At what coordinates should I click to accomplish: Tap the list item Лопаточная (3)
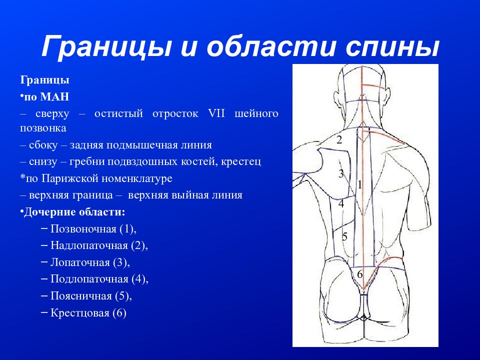click(90, 262)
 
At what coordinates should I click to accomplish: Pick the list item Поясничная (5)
click(91, 295)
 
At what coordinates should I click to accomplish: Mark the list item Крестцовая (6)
click(88, 313)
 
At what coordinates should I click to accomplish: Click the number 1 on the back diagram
click(359, 184)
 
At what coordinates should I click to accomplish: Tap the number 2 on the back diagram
click(339, 140)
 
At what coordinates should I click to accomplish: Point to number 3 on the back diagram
click(341, 174)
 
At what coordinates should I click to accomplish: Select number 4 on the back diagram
click(341, 203)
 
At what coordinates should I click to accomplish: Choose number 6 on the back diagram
click(359, 274)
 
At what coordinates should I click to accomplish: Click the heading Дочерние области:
click(73, 212)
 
